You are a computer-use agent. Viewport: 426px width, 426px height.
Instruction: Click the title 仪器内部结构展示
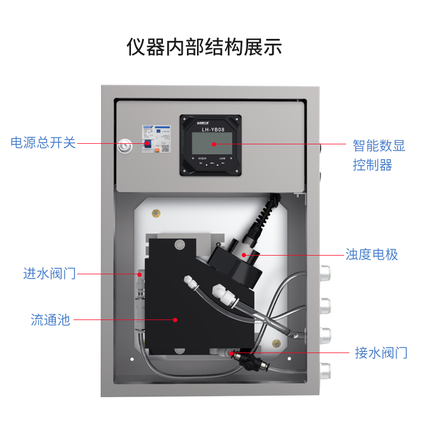click(x=204, y=47)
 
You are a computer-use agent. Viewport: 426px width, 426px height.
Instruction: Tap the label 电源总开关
click(x=43, y=143)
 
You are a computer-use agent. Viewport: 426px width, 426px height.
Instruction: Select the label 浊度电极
click(x=372, y=255)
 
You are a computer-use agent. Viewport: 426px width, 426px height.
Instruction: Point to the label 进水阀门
click(x=50, y=274)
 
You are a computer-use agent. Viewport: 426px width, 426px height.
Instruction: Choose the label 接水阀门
click(x=381, y=353)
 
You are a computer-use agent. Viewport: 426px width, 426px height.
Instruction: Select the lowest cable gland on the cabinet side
click(x=325, y=367)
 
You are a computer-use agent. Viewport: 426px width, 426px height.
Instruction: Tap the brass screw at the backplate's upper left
click(x=155, y=214)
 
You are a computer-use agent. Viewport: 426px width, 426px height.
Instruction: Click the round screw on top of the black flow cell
click(x=179, y=244)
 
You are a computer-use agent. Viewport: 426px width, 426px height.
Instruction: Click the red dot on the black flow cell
click(x=174, y=319)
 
